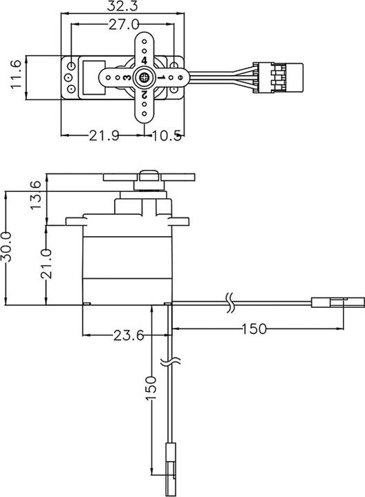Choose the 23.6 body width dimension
pyautogui.click(x=127, y=336)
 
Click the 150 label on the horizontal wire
pyautogui.click(x=254, y=329)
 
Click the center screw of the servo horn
pyautogui.click(x=143, y=78)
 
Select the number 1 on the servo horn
pyautogui.click(x=160, y=79)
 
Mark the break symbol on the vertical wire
pyautogui.click(x=169, y=362)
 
